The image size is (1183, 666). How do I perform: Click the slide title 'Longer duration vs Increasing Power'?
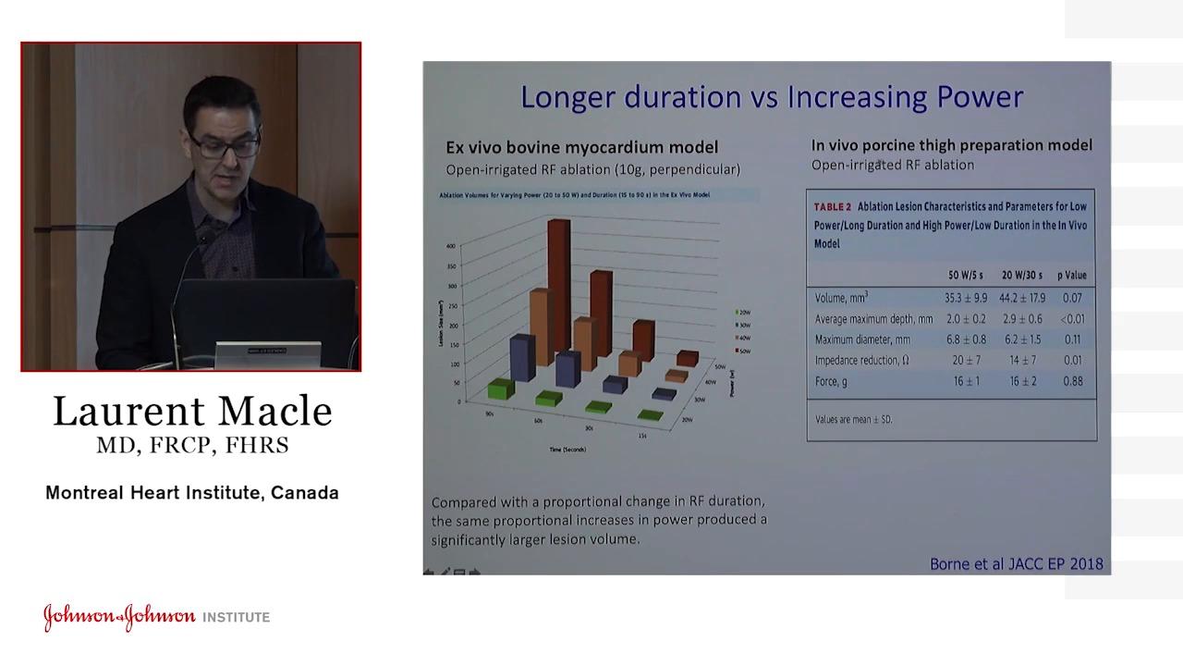click(x=771, y=97)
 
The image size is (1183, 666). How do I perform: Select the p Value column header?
click(x=1072, y=275)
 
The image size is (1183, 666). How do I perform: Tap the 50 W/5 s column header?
click(x=968, y=275)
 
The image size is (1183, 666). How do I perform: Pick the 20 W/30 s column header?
click(x=1022, y=275)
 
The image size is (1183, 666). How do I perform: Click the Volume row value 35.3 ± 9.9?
click(x=966, y=298)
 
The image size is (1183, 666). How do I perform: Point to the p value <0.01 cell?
click(x=1072, y=319)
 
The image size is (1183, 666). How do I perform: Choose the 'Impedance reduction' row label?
click(x=861, y=360)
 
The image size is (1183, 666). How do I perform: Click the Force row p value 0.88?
click(x=1072, y=381)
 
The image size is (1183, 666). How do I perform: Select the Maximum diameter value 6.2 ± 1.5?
click(x=1021, y=339)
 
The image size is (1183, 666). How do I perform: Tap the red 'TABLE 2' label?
click(x=833, y=207)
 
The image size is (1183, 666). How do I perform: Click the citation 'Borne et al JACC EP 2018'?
click(x=1016, y=563)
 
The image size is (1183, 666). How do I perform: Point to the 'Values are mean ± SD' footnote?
click(x=853, y=419)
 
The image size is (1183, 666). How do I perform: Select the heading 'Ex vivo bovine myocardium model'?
click(x=581, y=147)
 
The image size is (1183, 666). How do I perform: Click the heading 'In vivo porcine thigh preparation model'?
click(x=951, y=145)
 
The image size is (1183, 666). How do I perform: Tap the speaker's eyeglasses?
click(x=226, y=145)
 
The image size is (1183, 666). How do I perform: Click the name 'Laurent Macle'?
click(x=192, y=412)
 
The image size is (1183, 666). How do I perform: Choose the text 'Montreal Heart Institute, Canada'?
click(x=192, y=493)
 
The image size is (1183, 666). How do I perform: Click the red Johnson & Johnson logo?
click(x=119, y=617)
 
